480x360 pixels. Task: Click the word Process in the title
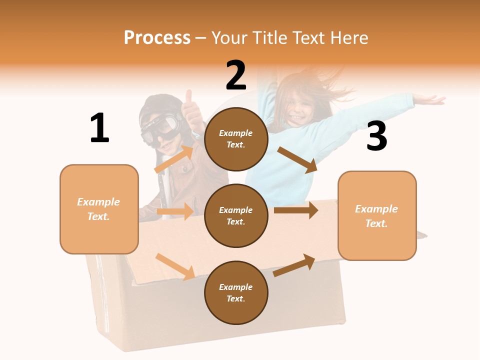[157, 38]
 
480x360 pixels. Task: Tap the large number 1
[99, 128]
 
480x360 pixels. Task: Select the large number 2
[236, 75]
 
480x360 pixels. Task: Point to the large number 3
[376, 136]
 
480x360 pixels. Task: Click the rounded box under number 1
[99, 209]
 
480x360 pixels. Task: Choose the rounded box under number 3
[377, 215]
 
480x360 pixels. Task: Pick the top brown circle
[236, 139]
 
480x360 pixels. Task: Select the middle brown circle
[236, 215]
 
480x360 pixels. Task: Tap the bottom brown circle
[236, 292]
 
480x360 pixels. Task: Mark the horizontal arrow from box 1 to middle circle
[175, 211]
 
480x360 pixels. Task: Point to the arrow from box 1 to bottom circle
[175, 266]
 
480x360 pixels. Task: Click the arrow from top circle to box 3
[297, 160]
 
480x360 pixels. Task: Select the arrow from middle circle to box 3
[296, 210]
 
